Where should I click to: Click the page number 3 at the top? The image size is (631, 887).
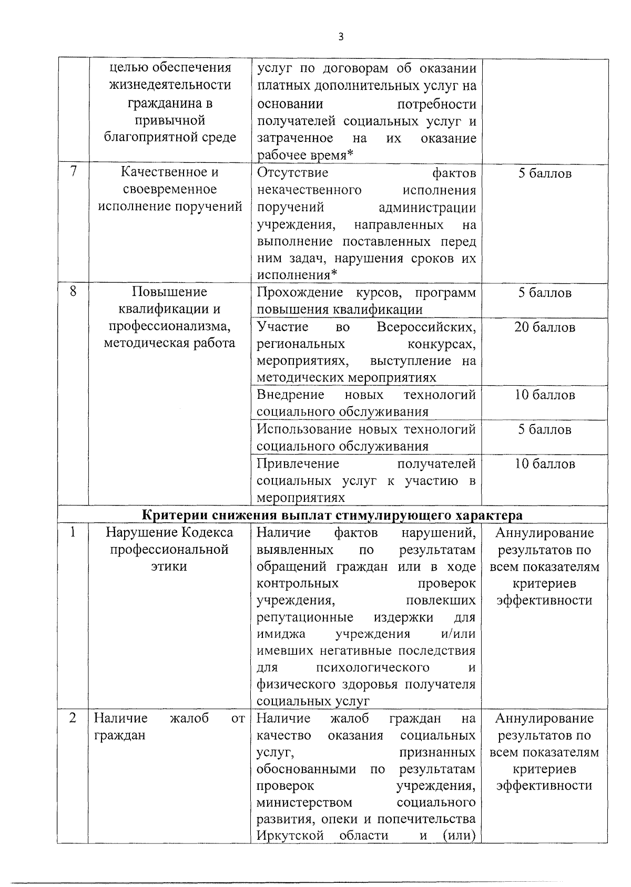click(x=341, y=37)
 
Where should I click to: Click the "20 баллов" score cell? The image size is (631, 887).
click(x=544, y=327)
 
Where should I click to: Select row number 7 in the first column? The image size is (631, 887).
click(x=74, y=171)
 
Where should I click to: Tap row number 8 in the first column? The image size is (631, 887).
click(x=73, y=291)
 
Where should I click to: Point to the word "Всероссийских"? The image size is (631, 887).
click(x=426, y=327)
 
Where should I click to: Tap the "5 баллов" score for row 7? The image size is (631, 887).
click(x=544, y=173)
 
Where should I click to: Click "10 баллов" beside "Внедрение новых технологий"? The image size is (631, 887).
click(x=544, y=395)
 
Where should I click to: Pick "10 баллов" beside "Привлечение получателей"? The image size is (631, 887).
click(x=544, y=464)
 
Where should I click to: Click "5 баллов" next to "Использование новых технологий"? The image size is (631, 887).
click(x=544, y=430)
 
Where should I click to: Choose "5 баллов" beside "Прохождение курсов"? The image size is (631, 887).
click(x=544, y=293)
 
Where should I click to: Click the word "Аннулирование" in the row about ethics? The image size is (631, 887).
click(x=544, y=533)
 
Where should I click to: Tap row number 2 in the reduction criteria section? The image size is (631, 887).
click(x=73, y=718)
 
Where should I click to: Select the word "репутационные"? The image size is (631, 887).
click(x=305, y=617)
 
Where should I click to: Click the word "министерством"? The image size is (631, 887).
click(x=304, y=802)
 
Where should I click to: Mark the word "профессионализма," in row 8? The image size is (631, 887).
click(x=169, y=326)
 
